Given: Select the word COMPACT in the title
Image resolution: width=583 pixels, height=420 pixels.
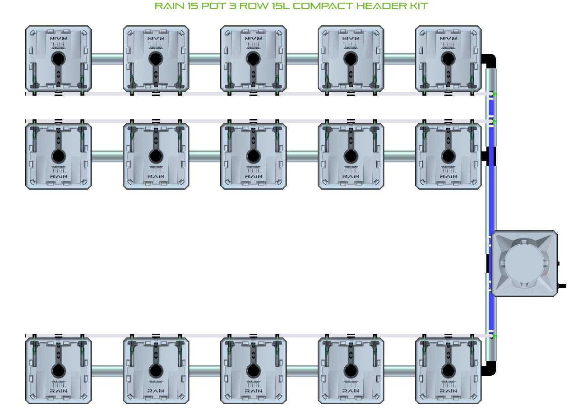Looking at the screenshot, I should [323, 6].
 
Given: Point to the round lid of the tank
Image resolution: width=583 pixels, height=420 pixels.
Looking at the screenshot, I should [523, 264].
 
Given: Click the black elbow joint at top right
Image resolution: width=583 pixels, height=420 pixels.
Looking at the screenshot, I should [490, 60].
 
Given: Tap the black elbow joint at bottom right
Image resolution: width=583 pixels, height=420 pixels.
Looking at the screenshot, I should [489, 368].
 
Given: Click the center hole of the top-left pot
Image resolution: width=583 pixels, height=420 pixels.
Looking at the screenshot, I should [58, 59].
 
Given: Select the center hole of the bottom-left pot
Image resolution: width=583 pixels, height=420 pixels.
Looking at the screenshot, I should [58, 371].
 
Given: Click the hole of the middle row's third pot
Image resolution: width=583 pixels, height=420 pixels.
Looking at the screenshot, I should [253, 156].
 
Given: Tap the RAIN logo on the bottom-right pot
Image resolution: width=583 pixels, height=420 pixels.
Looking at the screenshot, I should [448, 391].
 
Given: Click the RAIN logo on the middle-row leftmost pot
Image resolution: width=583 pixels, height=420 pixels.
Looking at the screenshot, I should [58, 176].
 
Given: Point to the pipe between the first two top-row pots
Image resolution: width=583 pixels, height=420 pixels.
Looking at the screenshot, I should [107, 59].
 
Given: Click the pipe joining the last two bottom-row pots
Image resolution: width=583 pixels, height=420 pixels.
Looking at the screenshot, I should [400, 371].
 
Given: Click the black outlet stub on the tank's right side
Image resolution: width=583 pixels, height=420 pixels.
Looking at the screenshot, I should [562, 286].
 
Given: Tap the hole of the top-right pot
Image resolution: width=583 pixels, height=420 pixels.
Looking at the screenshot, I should [448, 59].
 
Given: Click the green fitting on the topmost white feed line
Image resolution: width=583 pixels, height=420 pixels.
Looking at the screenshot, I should [494, 94].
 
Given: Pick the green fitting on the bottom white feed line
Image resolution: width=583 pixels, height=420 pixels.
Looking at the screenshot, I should [494, 336].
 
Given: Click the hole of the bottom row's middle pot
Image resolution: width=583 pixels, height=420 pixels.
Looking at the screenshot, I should [253, 371].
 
